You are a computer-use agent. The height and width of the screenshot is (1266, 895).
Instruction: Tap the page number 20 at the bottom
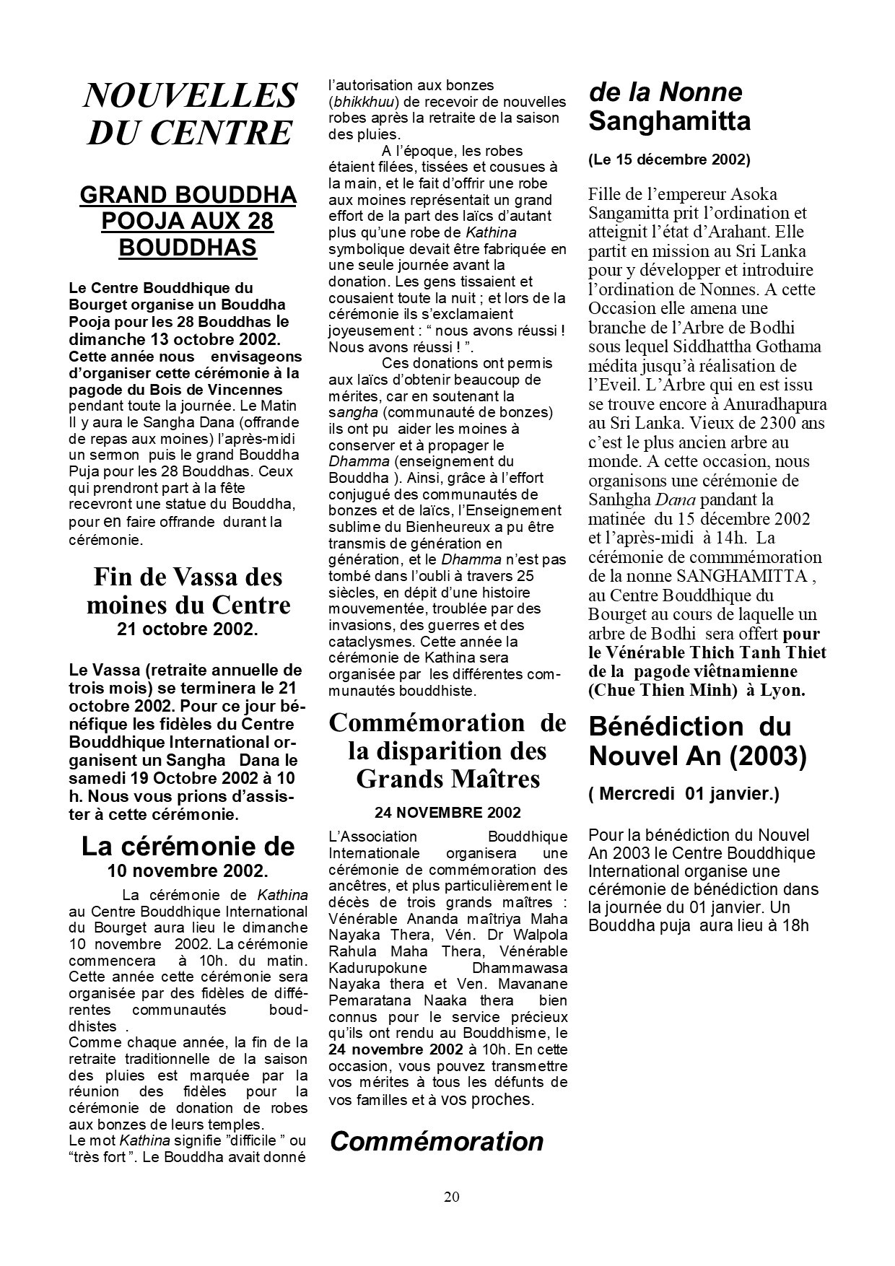tap(451, 1197)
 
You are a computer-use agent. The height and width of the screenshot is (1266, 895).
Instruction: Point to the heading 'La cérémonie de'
tap(188, 846)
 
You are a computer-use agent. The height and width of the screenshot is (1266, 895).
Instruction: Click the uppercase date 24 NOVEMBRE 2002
tap(447, 813)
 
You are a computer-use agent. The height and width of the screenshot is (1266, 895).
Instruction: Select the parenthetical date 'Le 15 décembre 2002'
tap(669, 160)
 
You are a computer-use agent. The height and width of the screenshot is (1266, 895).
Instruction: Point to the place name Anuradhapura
tap(777, 404)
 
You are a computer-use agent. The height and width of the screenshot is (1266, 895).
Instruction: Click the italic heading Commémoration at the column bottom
tap(437, 1141)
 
